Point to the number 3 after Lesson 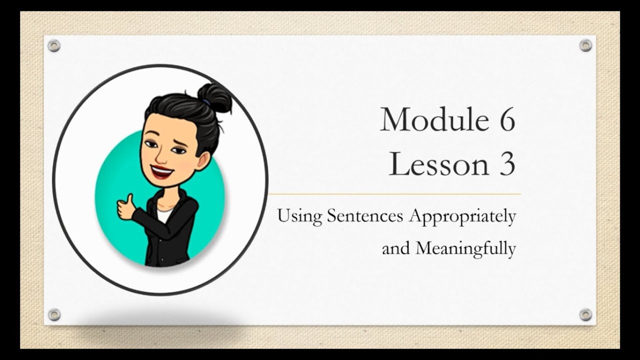point(505,164)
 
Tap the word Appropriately point(462,217)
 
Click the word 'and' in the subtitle point(395,248)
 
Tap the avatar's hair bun point(214,97)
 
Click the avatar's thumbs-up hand point(125,207)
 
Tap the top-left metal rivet point(54,46)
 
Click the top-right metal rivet point(585,45)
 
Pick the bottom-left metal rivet point(54,314)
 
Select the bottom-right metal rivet point(585,314)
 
